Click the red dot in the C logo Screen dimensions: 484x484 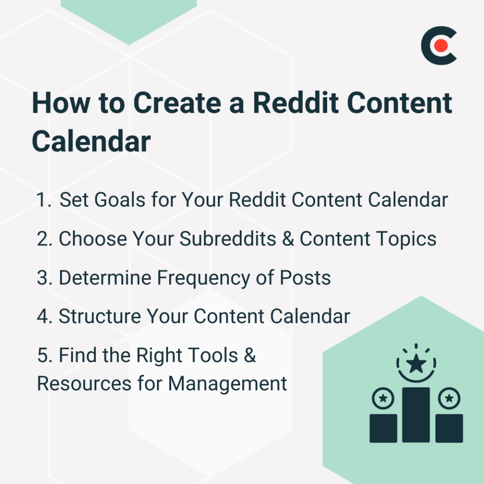(x=442, y=46)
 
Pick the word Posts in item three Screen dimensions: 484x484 (x=305, y=278)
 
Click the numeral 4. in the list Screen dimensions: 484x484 (x=44, y=316)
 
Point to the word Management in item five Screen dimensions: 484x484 (x=228, y=384)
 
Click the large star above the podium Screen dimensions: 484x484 (x=416, y=364)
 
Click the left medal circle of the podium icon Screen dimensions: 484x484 (x=383, y=398)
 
